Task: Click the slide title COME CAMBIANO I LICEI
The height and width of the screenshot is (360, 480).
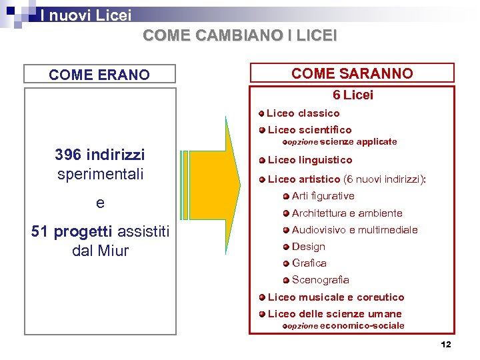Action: tap(240, 35)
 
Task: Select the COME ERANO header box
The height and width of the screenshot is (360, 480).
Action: tap(99, 75)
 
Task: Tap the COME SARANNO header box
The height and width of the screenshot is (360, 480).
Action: tap(352, 73)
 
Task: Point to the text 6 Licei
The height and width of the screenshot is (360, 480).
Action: tap(352, 95)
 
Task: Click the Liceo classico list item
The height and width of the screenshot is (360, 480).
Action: tap(303, 113)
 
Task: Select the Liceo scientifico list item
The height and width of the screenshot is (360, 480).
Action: tap(309, 130)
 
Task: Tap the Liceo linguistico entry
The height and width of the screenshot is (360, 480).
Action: tap(310, 160)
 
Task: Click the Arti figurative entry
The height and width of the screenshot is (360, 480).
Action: tap(323, 196)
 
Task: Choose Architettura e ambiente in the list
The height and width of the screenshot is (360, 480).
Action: tap(347, 213)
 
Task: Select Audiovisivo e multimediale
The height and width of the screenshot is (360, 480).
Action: tap(355, 230)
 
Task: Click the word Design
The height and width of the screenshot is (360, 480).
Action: tap(309, 247)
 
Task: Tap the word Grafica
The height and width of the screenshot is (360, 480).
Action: tap(309, 263)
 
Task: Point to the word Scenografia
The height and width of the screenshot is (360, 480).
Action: tap(321, 280)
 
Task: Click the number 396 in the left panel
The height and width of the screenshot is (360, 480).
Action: tap(69, 155)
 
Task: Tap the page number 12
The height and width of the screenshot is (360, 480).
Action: tap(446, 345)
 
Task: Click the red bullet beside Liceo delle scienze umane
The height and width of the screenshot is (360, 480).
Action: tap(263, 314)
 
